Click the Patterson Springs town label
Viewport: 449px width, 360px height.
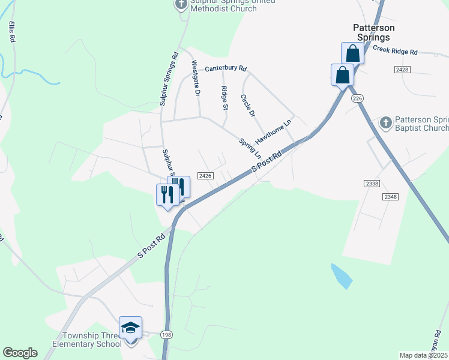373,32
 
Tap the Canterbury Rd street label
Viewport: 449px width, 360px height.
226,69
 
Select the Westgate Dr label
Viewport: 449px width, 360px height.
195,78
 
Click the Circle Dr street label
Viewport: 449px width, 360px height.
248,105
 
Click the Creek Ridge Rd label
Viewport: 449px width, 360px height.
399,50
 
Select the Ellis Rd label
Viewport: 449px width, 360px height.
11,32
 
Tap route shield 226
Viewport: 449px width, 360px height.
358,98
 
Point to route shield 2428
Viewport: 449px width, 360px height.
402,70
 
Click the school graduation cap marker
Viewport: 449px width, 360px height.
130,328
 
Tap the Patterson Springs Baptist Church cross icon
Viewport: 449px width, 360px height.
385,123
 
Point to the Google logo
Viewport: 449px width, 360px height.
20,353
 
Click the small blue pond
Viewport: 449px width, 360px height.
340,276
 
